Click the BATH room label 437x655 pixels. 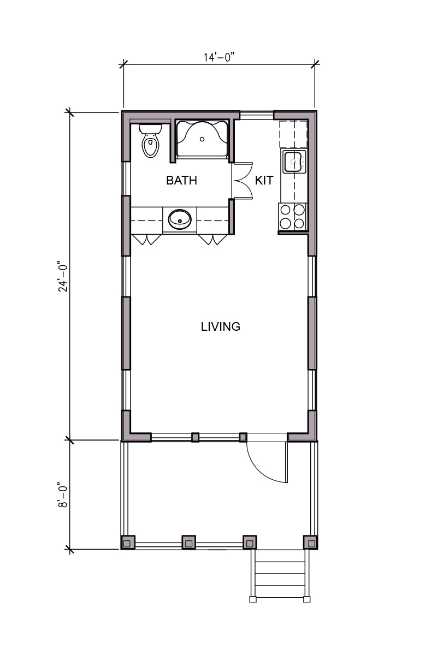181,180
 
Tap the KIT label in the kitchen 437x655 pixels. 264,180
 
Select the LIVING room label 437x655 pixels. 221,326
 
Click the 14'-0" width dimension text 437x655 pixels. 219,57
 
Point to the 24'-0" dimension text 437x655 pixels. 63,276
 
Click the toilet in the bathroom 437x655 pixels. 150,141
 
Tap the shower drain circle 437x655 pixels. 202,139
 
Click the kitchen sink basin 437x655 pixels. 293,161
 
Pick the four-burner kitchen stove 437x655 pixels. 292,217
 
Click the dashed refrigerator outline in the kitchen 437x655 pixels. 293,133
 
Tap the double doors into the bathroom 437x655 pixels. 243,181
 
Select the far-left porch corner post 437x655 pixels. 128,543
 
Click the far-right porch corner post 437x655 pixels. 310,543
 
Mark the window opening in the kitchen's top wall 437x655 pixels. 257,115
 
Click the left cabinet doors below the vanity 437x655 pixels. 146,240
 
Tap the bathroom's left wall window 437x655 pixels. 126,178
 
